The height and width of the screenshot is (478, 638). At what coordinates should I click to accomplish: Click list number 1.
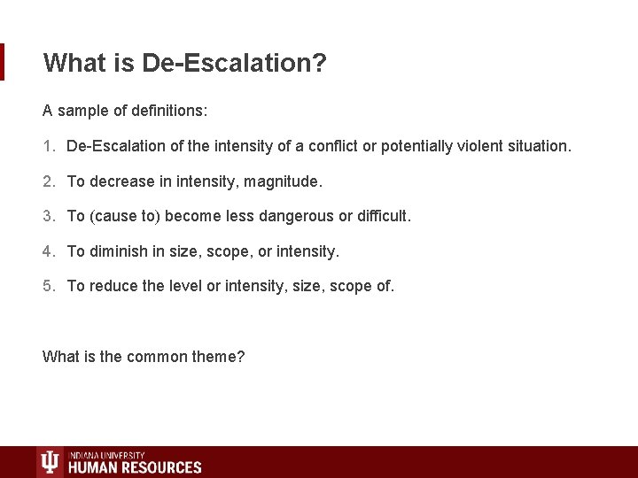point(47,145)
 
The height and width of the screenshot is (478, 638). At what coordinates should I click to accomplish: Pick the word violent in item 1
point(475,145)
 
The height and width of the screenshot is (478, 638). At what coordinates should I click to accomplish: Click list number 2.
point(47,181)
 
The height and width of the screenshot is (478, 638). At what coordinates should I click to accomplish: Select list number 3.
point(47,216)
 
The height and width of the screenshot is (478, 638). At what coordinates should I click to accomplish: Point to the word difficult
point(382,216)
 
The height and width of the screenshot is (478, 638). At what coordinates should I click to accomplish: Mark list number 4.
point(47,251)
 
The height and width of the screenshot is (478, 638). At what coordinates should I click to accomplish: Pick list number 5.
point(47,286)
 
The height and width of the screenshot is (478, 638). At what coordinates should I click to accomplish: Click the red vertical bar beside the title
point(2,62)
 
